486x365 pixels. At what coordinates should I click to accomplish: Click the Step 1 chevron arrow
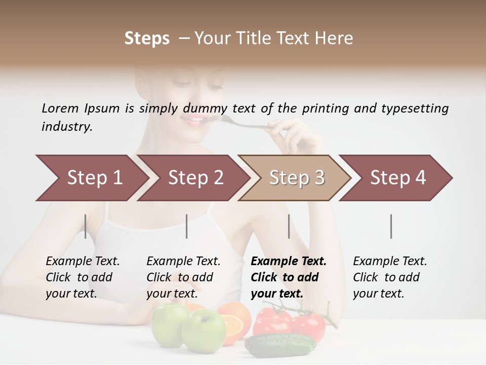click(x=91, y=178)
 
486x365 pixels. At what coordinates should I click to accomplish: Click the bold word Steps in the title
click(x=147, y=39)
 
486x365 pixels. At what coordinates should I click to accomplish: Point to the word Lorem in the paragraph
click(x=60, y=108)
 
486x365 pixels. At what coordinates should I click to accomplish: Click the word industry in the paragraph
click(x=66, y=127)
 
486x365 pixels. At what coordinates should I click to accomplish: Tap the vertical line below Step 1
click(x=86, y=226)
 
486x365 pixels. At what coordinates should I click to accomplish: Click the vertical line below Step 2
click(x=187, y=226)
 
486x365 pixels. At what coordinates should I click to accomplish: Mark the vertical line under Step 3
click(x=289, y=226)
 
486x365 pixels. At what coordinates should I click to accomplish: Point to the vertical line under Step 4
click(x=391, y=226)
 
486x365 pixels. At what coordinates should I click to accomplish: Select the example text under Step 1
click(x=82, y=277)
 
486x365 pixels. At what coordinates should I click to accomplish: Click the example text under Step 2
click(x=183, y=277)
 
